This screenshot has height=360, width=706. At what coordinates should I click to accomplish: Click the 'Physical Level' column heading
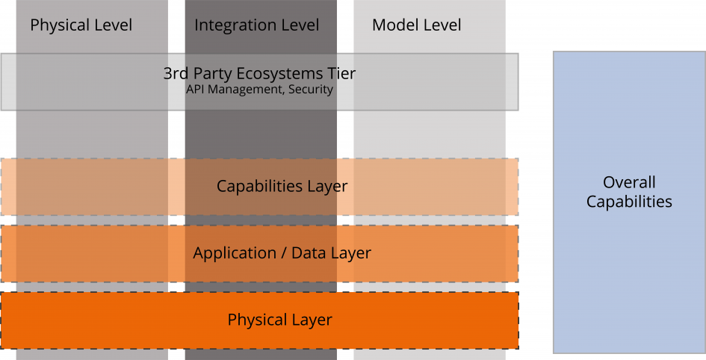(81, 25)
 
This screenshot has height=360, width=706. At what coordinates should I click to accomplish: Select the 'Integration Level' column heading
(256, 25)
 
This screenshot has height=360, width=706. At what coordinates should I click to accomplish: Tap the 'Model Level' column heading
(416, 25)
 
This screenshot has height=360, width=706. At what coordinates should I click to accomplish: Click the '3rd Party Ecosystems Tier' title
(259, 74)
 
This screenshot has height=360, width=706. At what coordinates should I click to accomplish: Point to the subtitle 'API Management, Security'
(259, 90)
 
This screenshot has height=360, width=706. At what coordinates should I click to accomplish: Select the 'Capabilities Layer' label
(282, 186)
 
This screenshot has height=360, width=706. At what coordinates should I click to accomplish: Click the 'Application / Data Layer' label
(282, 253)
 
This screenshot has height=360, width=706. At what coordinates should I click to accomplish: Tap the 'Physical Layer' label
(279, 320)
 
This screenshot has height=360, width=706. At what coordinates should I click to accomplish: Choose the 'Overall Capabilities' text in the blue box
(628, 192)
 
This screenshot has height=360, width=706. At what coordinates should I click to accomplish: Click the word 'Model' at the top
(395, 25)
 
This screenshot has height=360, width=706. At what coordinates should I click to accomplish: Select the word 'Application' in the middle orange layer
(234, 254)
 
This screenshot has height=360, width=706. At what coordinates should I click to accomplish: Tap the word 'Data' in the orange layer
(308, 253)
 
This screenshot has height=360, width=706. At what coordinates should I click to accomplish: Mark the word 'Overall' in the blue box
(629, 182)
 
